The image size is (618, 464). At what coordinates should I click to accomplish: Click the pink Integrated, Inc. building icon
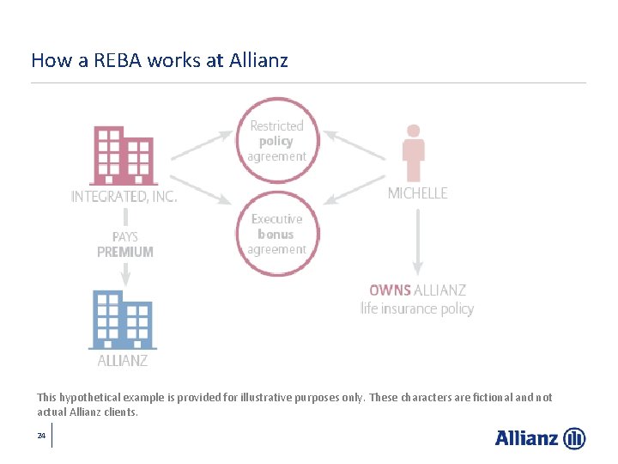click(124, 156)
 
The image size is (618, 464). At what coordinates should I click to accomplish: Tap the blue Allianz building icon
click(123, 319)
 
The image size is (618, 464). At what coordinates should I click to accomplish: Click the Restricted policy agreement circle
click(276, 140)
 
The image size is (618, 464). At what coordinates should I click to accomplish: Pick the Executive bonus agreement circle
click(276, 234)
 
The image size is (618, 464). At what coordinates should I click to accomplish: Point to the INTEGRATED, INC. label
click(124, 197)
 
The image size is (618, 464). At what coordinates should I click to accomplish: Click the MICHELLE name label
click(417, 193)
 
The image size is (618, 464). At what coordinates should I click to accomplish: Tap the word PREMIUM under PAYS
click(125, 252)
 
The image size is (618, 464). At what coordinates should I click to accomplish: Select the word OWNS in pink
click(390, 290)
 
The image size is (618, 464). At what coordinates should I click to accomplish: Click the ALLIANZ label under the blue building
click(123, 361)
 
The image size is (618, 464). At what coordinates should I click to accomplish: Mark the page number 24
click(41, 437)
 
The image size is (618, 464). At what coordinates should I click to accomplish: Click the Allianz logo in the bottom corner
click(540, 438)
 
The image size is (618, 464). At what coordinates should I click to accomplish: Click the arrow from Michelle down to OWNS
click(417, 241)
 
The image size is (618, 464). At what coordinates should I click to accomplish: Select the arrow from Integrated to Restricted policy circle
click(203, 145)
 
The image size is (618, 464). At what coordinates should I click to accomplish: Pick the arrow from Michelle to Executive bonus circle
click(357, 188)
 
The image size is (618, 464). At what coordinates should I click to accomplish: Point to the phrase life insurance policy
click(417, 308)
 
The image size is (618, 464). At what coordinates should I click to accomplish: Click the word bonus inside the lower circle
click(276, 234)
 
